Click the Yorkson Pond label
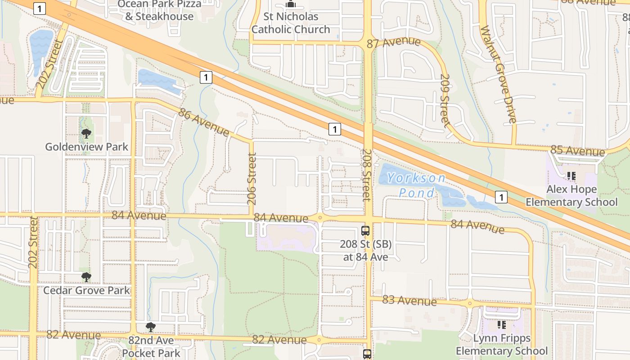416,185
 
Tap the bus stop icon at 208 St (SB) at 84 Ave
365,231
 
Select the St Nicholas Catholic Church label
291,23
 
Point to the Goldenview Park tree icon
86,134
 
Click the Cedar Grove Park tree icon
86,277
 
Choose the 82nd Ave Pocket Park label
151,346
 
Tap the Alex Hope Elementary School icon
571,176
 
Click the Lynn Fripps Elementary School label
502,344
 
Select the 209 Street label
444,100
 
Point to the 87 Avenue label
394,43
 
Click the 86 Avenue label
203,121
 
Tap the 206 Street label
252,179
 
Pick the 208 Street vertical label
366,175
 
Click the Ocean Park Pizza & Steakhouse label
159,10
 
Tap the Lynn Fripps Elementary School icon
502,324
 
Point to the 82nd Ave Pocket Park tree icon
151,327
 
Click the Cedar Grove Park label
86,290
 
